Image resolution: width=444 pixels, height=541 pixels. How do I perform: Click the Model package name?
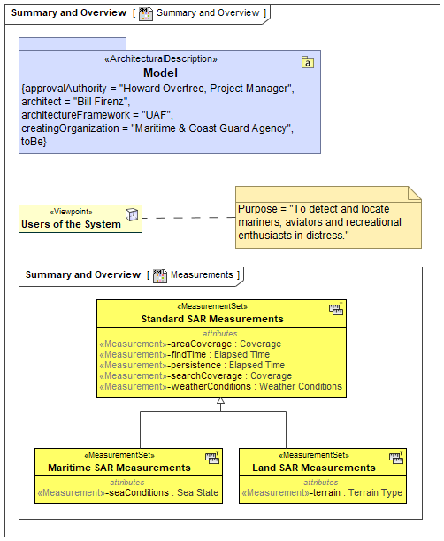[x=160, y=73]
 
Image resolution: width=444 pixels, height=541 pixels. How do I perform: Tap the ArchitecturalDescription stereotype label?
[x=161, y=58]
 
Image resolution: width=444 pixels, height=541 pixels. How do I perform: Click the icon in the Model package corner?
[x=308, y=62]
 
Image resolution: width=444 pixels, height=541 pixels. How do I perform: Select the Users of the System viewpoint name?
[x=71, y=224]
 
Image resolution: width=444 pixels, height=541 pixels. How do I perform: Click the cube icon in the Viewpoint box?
[x=132, y=214]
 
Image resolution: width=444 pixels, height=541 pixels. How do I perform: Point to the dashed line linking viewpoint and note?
[x=188, y=218]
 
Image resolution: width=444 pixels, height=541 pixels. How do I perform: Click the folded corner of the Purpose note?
[x=415, y=193]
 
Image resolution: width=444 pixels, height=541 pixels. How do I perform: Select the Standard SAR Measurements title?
[x=212, y=319]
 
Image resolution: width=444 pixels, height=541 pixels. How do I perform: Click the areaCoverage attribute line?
[x=190, y=344]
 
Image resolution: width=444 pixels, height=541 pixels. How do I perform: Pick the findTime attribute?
[x=185, y=354]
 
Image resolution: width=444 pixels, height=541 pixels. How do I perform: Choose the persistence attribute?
[x=192, y=365]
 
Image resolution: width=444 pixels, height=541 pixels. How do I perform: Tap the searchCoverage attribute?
[x=195, y=375]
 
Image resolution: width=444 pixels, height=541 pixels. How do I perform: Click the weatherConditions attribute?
[x=220, y=386]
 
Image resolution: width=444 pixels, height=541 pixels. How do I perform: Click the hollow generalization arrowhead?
[x=220, y=400]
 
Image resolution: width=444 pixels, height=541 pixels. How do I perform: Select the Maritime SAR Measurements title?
[x=119, y=468]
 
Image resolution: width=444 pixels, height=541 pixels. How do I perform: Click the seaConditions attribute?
[x=128, y=492]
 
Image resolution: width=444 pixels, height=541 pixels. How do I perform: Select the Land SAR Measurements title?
[x=314, y=468]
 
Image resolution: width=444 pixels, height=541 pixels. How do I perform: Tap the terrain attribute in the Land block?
[x=322, y=492]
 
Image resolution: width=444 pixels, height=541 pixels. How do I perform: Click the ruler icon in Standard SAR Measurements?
[x=336, y=309]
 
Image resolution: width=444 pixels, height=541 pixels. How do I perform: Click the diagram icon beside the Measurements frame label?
[x=160, y=275]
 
